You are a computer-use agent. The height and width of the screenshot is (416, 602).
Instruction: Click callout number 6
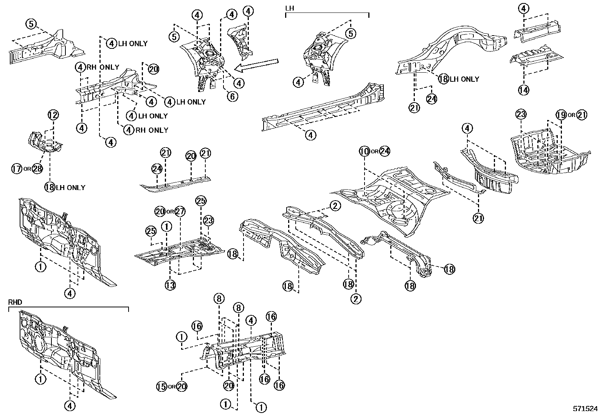pyautogui.click(x=233, y=96)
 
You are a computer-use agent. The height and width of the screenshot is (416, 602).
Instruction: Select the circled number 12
pyautogui.click(x=53, y=115)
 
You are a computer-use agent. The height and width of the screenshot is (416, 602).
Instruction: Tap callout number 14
pyautogui.click(x=524, y=90)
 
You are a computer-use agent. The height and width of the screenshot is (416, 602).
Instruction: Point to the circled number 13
pyautogui.click(x=170, y=285)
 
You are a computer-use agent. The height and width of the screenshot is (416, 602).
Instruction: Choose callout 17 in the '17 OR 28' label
pyautogui.click(x=17, y=168)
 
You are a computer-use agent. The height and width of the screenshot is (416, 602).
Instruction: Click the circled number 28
pyautogui.click(x=37, y=168)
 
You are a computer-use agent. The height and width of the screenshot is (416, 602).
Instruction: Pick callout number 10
pyautogui.click(x=364, y=151)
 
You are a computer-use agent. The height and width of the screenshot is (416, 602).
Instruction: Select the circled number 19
pyautogui.click(x=561, y=115)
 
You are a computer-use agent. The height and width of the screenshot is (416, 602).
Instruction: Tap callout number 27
pyautogui.click(x=180, y=211)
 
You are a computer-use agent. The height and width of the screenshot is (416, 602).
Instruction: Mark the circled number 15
pyautogui.click(x=162, y=386)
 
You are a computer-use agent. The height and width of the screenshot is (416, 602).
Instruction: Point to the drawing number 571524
pyautogui.click(x=585, y=409)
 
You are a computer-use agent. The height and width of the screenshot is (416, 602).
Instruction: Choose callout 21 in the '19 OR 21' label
pyautogui.click(x=582, y=115)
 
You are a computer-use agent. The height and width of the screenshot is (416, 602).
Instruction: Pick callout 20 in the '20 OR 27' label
pyautogui.click(x=160, y=211)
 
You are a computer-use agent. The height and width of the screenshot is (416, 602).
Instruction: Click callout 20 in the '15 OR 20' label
pyautogui.click(x=182, y=386)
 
